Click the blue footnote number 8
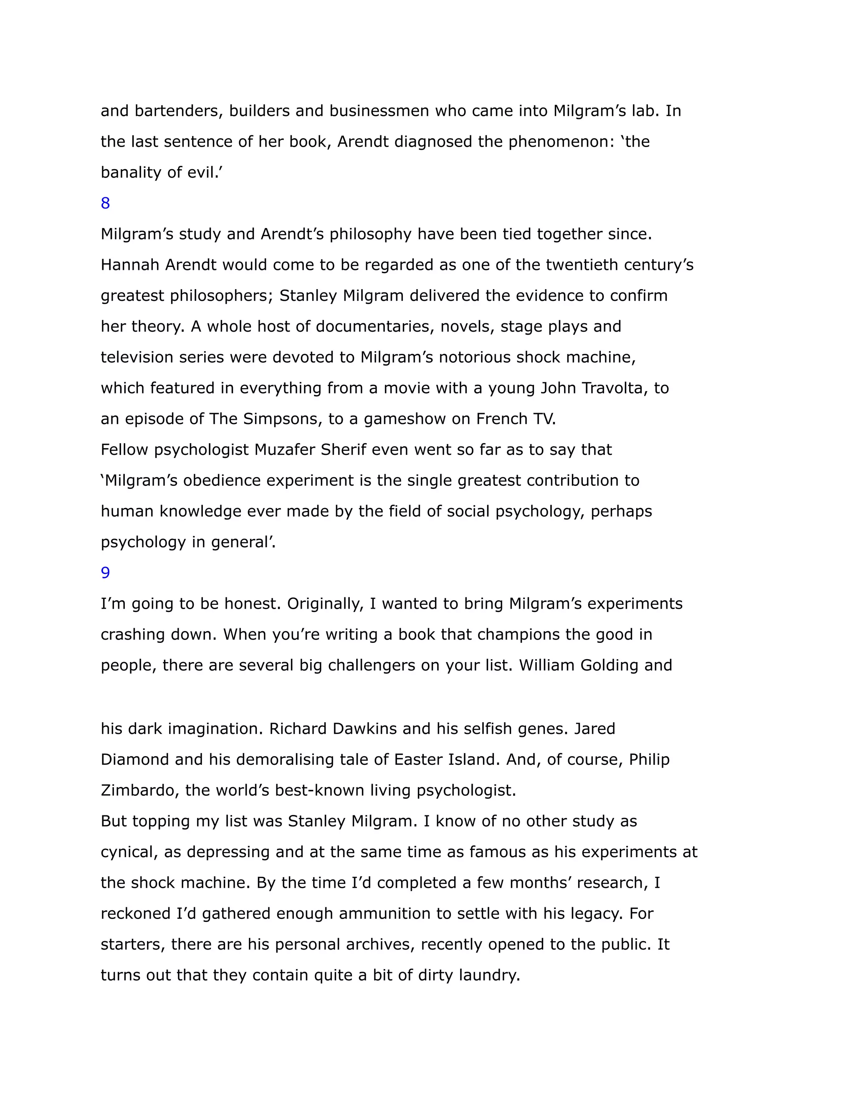105,203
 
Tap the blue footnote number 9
105,573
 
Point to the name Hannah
130,265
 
